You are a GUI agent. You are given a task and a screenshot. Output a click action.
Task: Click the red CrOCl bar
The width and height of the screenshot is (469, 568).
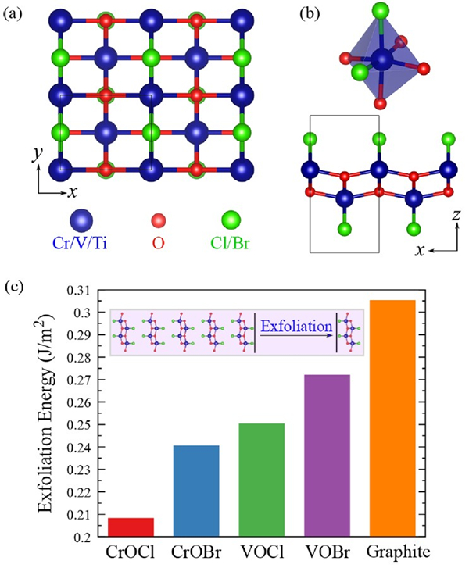131,527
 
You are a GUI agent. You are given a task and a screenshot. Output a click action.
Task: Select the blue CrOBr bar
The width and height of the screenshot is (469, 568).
196,491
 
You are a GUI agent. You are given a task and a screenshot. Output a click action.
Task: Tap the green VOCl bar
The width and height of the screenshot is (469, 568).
262,480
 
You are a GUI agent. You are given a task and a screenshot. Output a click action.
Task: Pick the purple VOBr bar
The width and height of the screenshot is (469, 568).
328,455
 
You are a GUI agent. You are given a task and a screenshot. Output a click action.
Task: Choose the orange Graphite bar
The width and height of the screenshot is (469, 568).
392,419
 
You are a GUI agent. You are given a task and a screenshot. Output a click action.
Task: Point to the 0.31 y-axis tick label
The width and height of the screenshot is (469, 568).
80,291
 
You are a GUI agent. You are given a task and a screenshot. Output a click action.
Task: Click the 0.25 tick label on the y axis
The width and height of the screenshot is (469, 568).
80,424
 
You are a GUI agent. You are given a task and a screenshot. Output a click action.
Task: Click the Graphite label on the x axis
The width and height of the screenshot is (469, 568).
398,553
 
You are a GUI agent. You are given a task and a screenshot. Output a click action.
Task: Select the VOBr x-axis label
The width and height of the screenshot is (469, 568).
328,553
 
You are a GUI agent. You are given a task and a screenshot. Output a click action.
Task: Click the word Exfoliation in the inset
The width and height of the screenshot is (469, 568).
296,327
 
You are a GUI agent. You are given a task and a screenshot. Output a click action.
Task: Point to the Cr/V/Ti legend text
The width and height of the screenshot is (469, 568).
80,244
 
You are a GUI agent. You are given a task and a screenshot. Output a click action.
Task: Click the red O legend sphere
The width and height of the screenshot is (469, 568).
158,220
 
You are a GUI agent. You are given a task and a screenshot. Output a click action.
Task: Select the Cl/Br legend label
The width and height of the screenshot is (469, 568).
230,244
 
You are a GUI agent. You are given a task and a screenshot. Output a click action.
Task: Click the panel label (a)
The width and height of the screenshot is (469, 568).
13,14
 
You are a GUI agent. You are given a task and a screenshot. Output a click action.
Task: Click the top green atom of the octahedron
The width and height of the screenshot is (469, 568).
381,10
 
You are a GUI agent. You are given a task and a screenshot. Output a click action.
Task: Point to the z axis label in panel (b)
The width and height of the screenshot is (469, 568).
456,215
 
